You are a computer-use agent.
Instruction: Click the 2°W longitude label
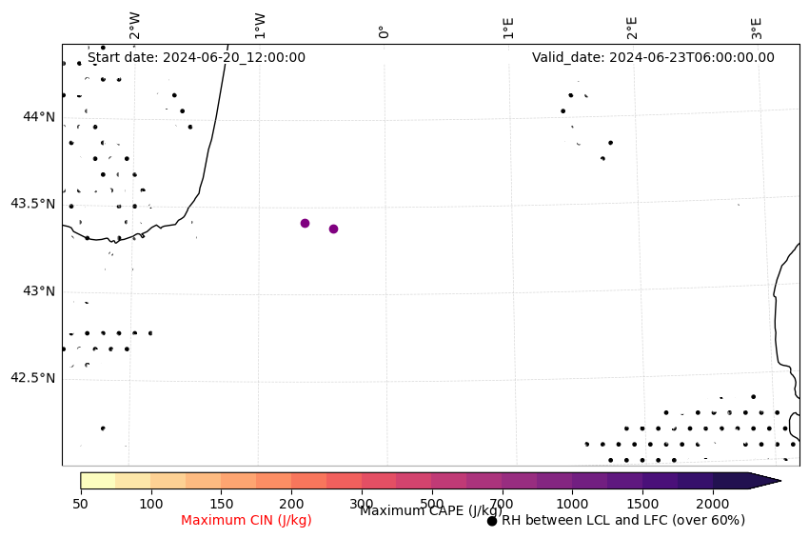pyautogui.click(x=135, y=26)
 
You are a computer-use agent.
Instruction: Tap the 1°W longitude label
pyautogui.click(x=260, y=26)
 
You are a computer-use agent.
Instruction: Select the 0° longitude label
pyautogui.click(x=385, y=31)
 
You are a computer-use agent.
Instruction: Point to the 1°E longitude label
pyautogui.click(x=508, y=27)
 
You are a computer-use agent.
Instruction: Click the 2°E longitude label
pyautogui.click(x=632, y=27)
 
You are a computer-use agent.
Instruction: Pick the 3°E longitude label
pyautogui.click(x=757, y=27)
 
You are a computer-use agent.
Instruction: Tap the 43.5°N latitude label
pyautogui.click(x=32, y=204)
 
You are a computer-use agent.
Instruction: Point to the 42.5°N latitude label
pyautogui.click(x=32, y=378)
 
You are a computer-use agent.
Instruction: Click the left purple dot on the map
pyautogui.click(x=305, y=223)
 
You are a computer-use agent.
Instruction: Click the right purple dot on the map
pyautogui.click(x=333, y=229)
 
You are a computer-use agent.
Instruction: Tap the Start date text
pyautogui.click(x=196, y=57)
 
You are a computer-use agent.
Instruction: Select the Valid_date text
pyautogui.click(x=653, y=57)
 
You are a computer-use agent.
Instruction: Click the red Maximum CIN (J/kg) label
pyautogui.click(x=247, y=520)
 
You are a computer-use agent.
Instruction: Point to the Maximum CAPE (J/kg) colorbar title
pyautogui.click(x=431, y=511)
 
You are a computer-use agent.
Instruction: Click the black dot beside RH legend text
pyautogui.click(x=492, y=521)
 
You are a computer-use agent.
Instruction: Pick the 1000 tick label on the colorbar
pyautogui.click(x=572, y=503)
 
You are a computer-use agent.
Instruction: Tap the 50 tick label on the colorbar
pyautogui.click(x=81, y=503)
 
